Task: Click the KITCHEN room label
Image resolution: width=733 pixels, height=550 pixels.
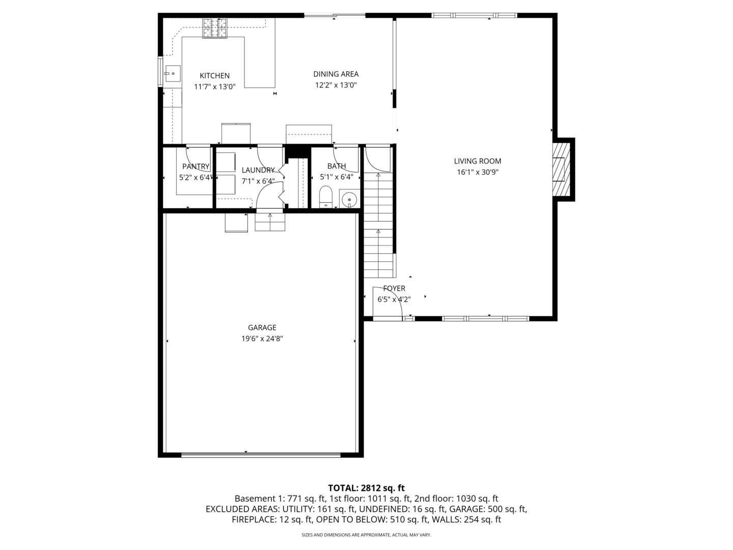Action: (x=214, y=76)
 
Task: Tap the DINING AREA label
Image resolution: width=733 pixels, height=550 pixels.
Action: (x=335, y=74)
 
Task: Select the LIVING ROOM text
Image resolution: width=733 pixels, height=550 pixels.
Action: (x=477, y=161)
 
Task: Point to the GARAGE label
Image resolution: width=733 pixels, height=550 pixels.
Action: (x=262, y=327)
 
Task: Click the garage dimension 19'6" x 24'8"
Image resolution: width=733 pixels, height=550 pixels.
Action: (x=262, y=339)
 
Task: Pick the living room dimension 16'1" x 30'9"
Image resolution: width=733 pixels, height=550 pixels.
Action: (x=477, y=172)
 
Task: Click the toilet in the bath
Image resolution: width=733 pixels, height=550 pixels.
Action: (x=325, y=197)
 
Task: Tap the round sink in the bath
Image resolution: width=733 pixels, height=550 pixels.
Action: (x=349, y=198)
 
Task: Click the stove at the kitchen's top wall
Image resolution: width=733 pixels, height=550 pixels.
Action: (x=216, y=28)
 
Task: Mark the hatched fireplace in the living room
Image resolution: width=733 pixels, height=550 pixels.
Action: (x=561, y=169)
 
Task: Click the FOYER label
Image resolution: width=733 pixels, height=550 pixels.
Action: (x=394, y=288)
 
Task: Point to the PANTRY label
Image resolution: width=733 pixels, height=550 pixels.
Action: (x=195, y=167)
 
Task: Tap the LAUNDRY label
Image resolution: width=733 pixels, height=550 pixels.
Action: (x=258, y=170)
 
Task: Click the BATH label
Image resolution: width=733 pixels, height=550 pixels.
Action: (x=336, y=166)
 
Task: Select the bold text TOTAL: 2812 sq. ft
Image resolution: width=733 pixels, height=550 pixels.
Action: (x=366, y=488)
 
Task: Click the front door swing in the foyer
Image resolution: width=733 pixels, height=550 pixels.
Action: (x=390, y=303)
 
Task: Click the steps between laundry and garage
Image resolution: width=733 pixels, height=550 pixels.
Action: (x=270, y=222)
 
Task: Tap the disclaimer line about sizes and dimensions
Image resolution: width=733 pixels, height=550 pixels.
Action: (x=366, y=535)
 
